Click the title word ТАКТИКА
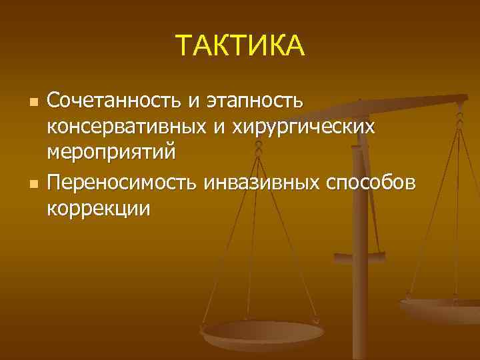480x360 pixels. click(240, 46)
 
